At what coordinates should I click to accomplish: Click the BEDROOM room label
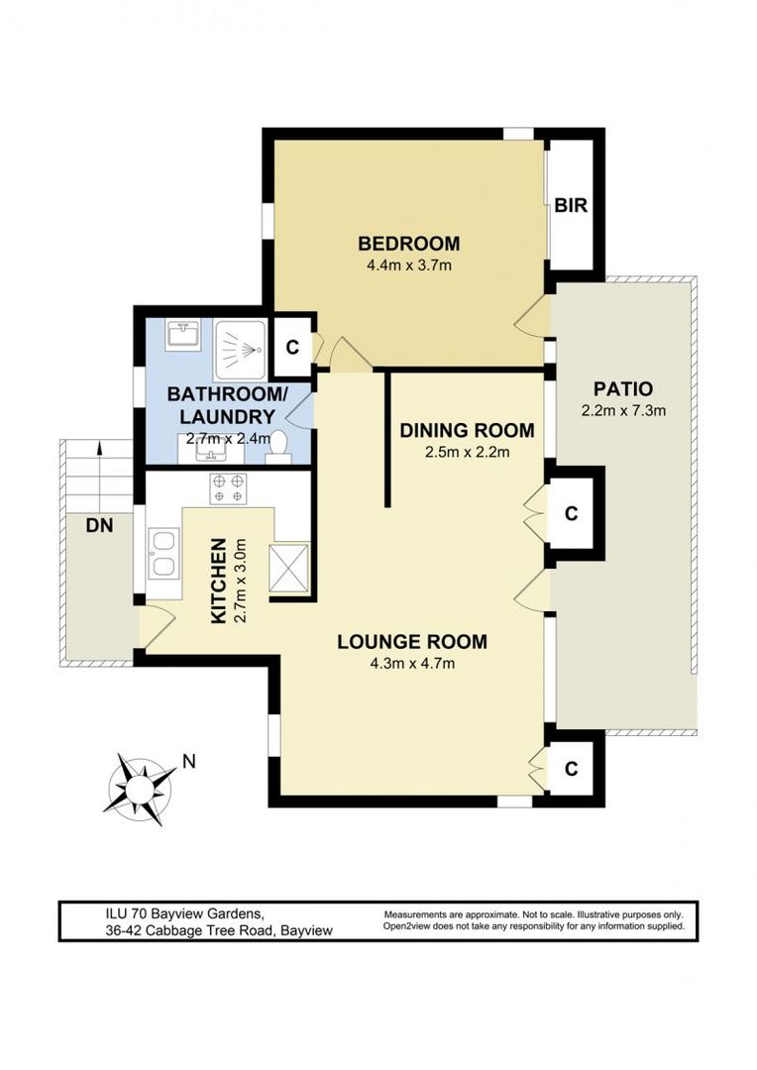tap(408, 244)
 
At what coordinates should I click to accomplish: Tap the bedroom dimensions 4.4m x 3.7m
tap(408, 266)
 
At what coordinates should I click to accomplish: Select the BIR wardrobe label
tap(571, 206)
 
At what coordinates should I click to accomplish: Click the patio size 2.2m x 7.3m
tap(621, 410)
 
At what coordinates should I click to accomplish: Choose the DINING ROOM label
tap(467, 431)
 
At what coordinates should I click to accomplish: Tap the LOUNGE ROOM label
tap(412, 642)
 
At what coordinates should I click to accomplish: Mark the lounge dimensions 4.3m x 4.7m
tap(412, 664)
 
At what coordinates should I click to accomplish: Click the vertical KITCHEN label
tap(220, 580)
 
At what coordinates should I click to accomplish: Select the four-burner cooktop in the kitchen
tap(229, 488)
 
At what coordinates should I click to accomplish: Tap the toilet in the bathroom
tap(277, 448)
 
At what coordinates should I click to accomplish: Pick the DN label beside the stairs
tap(99, 527)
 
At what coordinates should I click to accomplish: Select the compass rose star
tap(138, 785)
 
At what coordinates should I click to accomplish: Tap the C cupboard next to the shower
tap(292, 347)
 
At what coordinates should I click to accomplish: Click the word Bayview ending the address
tap(307, 930)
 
